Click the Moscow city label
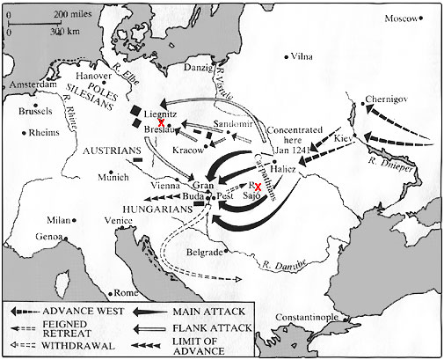(x=408, y=18)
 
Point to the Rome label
(x=130, y=292)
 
